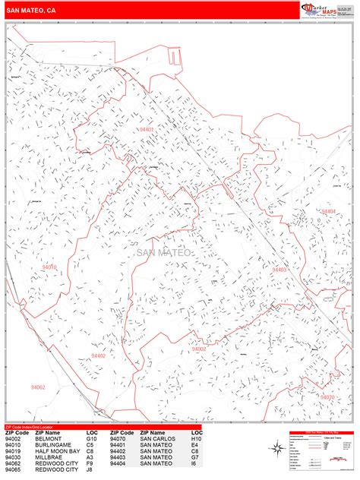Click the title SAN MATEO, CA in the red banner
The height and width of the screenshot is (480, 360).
(x=30, y=11)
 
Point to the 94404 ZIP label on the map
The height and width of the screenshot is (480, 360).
(x=327, y=211)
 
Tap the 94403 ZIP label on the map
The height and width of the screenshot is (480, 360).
(x=279, y=270)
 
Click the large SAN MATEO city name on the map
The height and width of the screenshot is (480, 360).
(x=166, y=253)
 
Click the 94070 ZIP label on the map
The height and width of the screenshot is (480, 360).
(x=327, y=396)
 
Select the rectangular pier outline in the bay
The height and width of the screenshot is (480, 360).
(x=175, y=56)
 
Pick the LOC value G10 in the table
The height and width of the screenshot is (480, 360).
(x=91, y=439)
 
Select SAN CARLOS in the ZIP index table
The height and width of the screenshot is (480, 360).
(x=157, y=439)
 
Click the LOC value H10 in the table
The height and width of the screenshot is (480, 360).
(x=196, y=439)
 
